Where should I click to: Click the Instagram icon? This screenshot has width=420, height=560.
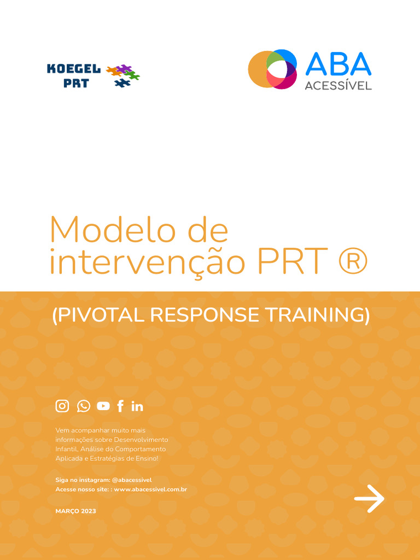coord(62,406)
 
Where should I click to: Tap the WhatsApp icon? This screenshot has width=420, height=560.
coord(83,406)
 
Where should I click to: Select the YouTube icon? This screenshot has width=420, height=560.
coord(103,406)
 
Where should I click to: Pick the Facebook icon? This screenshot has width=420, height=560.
coord(120,406)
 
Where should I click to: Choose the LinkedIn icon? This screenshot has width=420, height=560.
coord(137,406)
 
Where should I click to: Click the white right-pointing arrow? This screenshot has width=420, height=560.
coord(369,498)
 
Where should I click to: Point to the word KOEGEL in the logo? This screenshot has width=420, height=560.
coord(74,69)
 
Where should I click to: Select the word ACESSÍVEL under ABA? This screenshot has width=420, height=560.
coord(338,85)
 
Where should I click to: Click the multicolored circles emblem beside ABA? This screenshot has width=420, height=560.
coord(272,69)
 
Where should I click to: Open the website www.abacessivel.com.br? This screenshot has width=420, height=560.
coord(150,489)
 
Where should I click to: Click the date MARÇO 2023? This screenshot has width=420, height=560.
coord(75,511)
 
